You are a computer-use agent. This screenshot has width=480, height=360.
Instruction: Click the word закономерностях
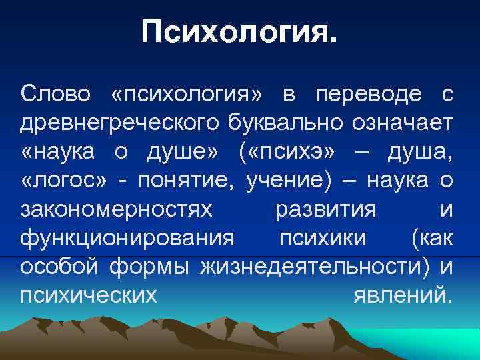coord(117,209)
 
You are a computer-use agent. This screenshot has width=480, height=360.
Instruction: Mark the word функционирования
coord(127,238)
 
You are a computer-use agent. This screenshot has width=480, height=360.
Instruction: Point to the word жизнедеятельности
coord(313,267)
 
